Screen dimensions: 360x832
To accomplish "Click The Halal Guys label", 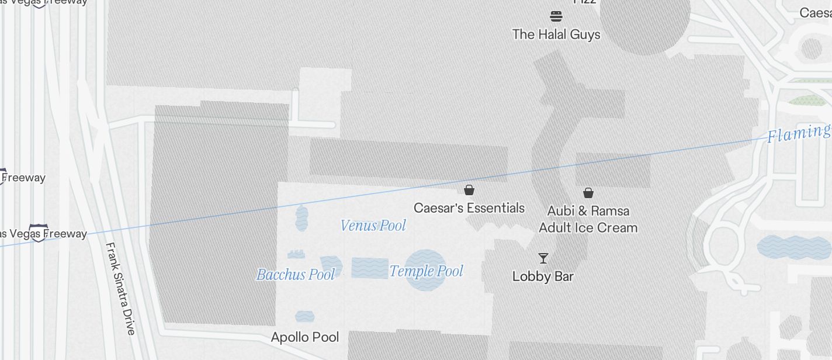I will click(x=556, y=34).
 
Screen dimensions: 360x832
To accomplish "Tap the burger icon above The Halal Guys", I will click(x=556, y=16).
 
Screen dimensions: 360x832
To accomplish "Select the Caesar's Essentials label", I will click(x=469, y=208).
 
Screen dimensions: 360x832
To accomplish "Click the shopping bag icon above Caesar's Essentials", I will click(x=469, y=190).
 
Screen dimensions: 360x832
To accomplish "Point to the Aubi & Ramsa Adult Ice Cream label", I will click(x=588, y=219).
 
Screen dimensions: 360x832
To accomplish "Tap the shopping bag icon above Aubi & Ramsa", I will click(x=588, y=192).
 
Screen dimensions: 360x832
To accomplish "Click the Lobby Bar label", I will click(x=543, y=276).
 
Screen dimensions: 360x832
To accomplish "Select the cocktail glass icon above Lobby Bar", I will click(x=543, y=258).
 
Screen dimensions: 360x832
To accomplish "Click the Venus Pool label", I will click(x=373, y=226).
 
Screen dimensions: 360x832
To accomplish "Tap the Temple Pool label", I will click(x=426, y=271).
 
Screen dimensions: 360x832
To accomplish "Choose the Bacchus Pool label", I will click(x=296, y=274).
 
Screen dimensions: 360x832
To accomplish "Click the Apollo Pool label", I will click(x=305, y=337).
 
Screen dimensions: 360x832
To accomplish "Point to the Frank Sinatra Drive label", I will click(x=120, y=289).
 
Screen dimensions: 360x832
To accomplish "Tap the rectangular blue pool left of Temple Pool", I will click(x=370, y=268).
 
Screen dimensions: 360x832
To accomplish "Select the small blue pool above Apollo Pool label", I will click(x=305, y=317).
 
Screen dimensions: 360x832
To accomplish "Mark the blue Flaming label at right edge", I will click(x=799, y=134).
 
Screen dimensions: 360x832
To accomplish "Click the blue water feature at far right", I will click(x=793, y=247).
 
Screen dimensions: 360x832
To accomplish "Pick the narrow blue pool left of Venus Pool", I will click(x=301, y=218).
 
